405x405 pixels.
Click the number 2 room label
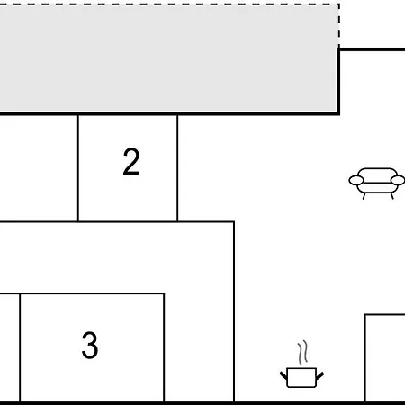tap(131, 161)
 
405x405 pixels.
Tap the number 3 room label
tap(90, 345)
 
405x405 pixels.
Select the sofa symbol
tap(377, 184)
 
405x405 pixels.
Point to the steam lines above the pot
tap(302, 352)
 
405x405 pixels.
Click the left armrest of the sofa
tap(356, 180)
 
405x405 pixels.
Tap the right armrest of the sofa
tap(398, 180)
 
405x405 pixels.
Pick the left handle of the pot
tap(283, 375)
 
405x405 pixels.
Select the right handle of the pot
tap(319, 375)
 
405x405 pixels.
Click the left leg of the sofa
tap(364, 196)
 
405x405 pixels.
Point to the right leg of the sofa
tap(391, 196)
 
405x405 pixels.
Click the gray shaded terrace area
tap(168, 58)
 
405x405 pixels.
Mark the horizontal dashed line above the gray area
tap(169, 4)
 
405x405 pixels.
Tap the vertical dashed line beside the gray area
tap(339, 26)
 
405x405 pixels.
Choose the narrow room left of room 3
tap(10, 348)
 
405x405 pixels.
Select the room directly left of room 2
tap(39, 168)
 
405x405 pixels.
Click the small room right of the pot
tap(385, 358)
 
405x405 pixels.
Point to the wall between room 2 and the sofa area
tap(177, 168)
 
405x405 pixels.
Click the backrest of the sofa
tap(377, 175)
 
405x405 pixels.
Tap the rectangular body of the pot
tap(301, 378)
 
